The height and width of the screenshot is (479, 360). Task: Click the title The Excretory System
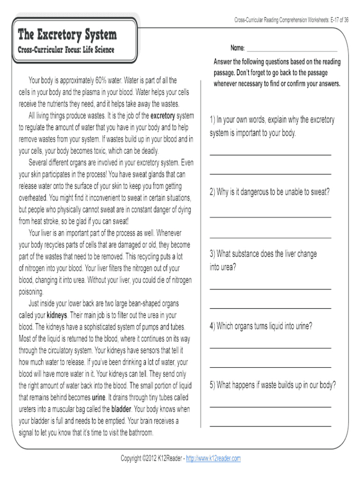point(67,35)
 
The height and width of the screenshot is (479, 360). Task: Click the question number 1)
point(213,120)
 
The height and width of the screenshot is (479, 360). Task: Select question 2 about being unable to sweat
point(269,192)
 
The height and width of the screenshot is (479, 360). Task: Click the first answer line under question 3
point(270,288)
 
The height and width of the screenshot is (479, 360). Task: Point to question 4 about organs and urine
point(261,326)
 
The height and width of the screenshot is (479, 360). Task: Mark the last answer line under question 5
point(270,426)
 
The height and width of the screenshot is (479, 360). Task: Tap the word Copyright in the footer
point(134,458)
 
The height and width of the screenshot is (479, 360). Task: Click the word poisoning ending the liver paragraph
point(31,292)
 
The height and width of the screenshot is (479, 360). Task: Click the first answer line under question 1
point(270,155)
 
